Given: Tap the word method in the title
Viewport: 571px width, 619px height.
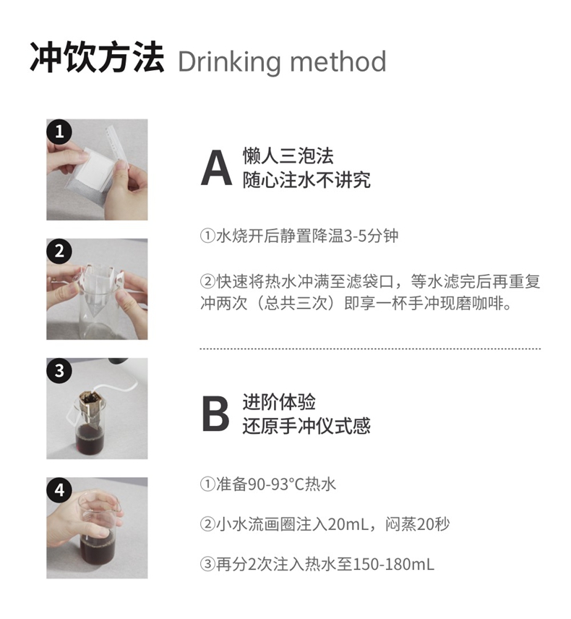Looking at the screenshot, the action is [338, 61].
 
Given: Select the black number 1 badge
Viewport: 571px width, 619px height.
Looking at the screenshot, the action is [59, 132].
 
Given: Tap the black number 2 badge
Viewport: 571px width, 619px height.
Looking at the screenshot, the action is [59, 251].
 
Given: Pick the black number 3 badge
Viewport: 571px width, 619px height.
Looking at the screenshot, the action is [59, 371].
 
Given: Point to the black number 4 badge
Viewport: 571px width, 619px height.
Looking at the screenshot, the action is [59, 490].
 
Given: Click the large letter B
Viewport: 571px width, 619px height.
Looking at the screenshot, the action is [215, 414].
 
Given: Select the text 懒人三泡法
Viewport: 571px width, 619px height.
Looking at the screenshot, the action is [288, 156].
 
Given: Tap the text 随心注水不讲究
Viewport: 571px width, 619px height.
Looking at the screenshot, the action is [306, 180].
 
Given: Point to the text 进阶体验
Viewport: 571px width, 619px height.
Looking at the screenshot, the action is [279, 402].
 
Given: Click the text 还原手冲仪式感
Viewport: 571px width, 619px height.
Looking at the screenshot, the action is [306, 427].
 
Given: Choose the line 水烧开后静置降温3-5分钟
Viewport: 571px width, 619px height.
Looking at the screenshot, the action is [299, 236].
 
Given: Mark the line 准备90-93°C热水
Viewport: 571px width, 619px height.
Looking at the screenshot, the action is [268, 484].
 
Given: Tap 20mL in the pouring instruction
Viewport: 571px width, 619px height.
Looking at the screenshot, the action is [348, 524].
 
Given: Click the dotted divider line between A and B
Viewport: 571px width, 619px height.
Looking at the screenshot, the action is [370, 349].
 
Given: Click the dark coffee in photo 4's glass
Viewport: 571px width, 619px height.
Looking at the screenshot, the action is [97, 549].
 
